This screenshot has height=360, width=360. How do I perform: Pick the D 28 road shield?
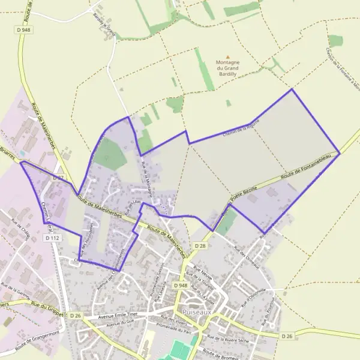(200, 246)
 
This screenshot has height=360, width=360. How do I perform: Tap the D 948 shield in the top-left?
(24, 30)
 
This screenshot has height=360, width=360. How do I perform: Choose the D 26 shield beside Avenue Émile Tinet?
(75, 316)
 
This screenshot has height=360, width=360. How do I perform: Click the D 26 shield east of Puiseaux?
(288, 337)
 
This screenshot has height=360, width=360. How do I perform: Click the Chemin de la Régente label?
(241, 129)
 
